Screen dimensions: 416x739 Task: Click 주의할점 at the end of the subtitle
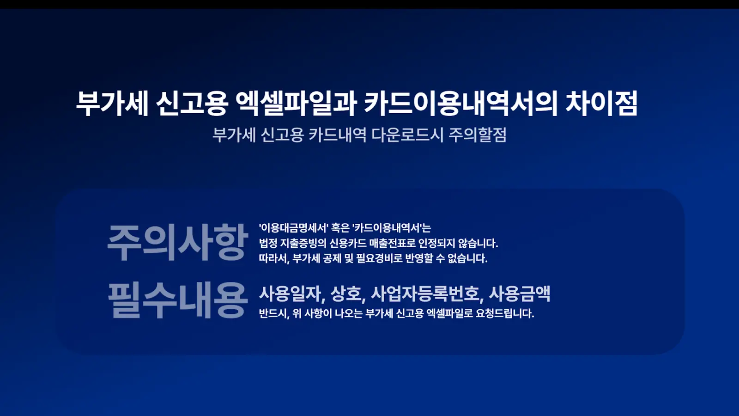(x=478, y=135)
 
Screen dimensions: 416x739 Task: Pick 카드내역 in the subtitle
(x=337, y=135)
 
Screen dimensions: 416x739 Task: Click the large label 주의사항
(x=177, y=242)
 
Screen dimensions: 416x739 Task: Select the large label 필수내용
(x=177, y=300)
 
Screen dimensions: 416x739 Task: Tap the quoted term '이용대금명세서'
(x=293, y=228)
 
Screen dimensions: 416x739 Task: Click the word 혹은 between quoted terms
(x=340, y=228)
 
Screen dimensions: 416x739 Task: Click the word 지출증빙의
(x=303, y=243)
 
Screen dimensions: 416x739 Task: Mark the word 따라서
(x=273, y=258)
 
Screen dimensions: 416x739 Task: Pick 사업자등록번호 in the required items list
(x=427, y=294)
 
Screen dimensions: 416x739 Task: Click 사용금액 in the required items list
(x=520, y=294)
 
